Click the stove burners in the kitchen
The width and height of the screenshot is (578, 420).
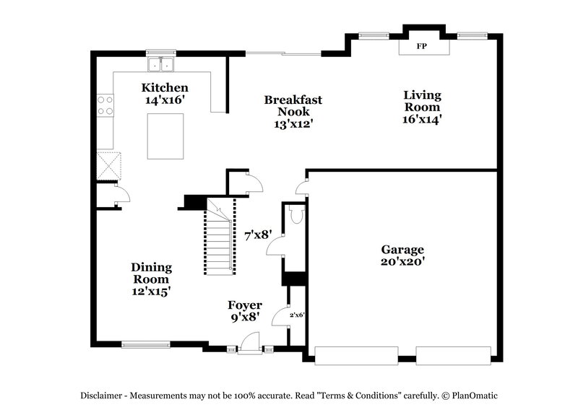click(105, 105)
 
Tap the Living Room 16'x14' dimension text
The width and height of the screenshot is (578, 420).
click(422, 119)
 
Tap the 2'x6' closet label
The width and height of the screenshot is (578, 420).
click(298, 315)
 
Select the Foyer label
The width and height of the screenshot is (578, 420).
click(245, 305)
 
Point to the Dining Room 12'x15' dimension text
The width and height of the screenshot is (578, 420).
click(151, 291)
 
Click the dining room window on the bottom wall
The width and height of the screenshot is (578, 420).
click(145, 344)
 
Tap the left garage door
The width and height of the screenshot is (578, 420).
click(355, 355)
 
